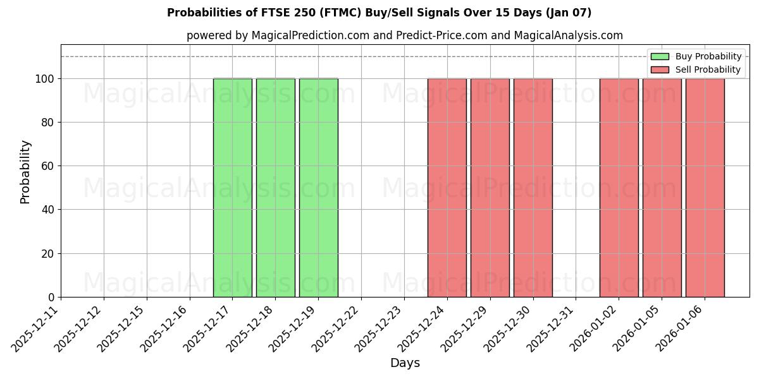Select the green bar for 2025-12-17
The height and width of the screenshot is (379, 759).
pos(233,188)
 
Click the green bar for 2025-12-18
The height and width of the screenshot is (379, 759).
pos(276,188)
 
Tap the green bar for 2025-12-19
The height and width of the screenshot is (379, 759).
pos(319,188)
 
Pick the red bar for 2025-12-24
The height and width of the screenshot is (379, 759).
pos(447,188)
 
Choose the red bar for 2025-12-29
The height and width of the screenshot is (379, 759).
pos(490,188)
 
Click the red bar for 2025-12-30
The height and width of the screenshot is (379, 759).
pos(533,188)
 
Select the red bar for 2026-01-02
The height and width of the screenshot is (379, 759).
pos(619,188)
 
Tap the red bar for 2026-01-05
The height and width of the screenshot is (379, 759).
pos(662,188)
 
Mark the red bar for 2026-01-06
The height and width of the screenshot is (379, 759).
pos(705,188)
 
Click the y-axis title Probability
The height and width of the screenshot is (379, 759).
pos(25,171)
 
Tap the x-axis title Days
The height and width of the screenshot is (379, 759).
pos(405,363)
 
